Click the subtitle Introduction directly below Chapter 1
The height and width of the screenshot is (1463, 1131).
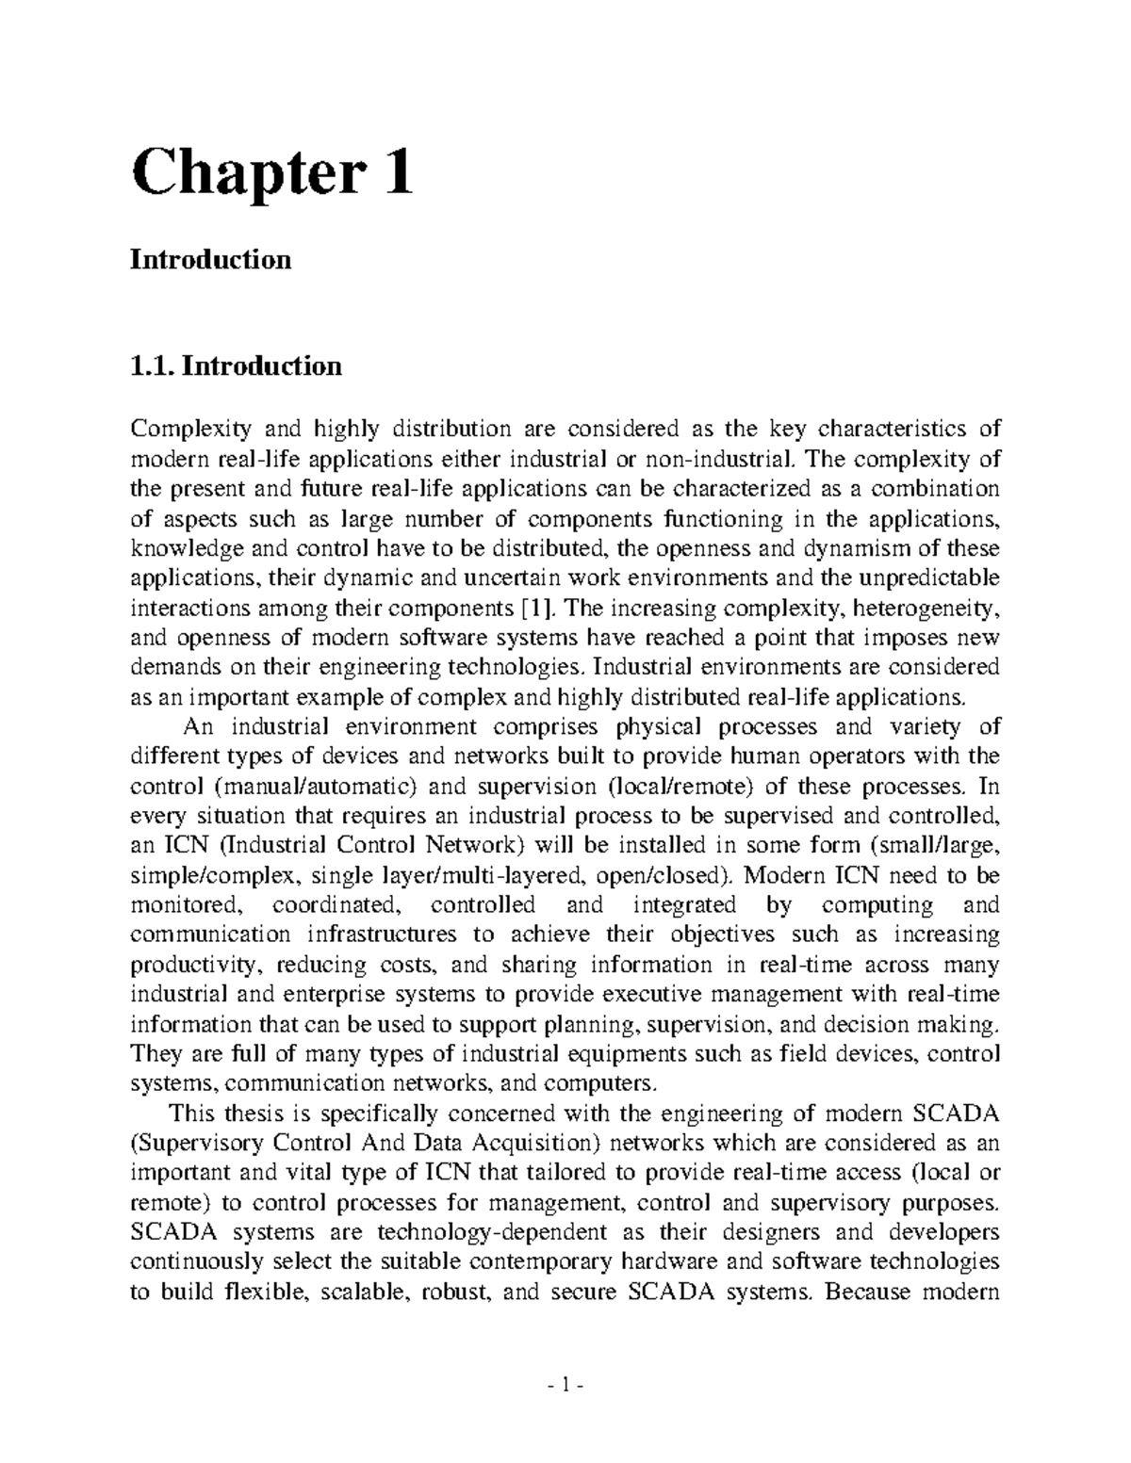point(210,259)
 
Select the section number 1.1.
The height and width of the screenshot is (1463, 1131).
point(152,366)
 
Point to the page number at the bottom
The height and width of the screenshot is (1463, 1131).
point(565,1387)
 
